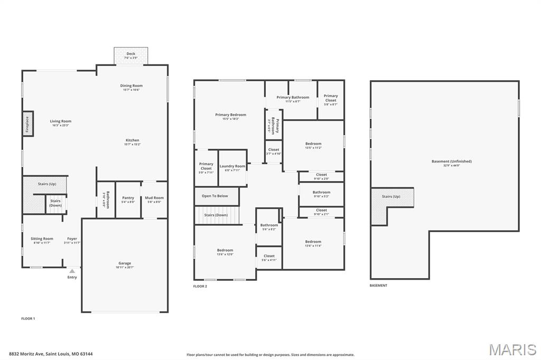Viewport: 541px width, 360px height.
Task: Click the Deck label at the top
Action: point(130,54)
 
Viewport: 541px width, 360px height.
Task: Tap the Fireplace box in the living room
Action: point(28,125)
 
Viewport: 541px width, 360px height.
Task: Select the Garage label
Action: point(125,263)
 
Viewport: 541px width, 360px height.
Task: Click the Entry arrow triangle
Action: point(72,271)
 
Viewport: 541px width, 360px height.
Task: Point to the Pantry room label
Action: point(128,198)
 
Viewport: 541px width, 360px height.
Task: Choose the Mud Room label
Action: point(154,198)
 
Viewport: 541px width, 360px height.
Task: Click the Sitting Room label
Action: point(42,239)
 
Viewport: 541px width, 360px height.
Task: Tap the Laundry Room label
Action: point(232,166)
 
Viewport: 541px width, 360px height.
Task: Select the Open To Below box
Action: point(216,196)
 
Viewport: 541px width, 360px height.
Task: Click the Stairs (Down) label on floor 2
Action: point(217,215)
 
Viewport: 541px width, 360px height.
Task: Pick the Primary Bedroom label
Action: point(230,115)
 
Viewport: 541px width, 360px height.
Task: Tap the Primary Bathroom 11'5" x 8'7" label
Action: point(293,97)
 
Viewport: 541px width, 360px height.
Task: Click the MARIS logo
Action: point(512,349)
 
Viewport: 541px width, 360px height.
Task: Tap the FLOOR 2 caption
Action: point(200,286)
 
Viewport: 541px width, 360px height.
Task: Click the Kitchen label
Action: point(132,140)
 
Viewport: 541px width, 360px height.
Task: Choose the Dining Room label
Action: point(131,86)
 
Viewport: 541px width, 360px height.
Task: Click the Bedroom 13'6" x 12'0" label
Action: point(225,250)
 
